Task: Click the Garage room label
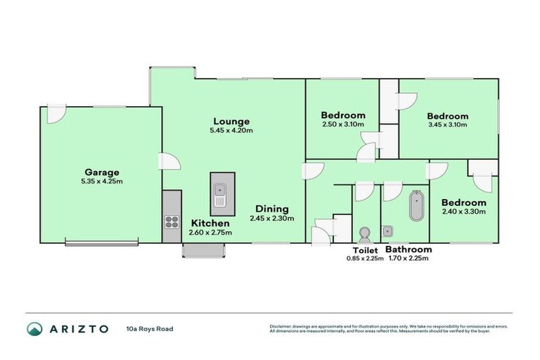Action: tap(102, 172)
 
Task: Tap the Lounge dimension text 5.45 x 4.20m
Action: tap(231, 131)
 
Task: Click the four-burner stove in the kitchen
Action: tap(172, 223)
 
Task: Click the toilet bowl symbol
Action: tap(364, 232)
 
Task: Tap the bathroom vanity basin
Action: tap(389, 229)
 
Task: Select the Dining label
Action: tap(271, 209)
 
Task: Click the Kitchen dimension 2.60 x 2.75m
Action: tap(210, 232)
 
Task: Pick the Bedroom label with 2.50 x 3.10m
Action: tap(342, 115)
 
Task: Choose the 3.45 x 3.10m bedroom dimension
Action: tap(447, 125)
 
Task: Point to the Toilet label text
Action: tap(365, 250)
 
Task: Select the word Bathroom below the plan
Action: tap(409, 250)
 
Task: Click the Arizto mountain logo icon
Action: tap(34, 328)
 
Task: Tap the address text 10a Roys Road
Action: tap(149, 328)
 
